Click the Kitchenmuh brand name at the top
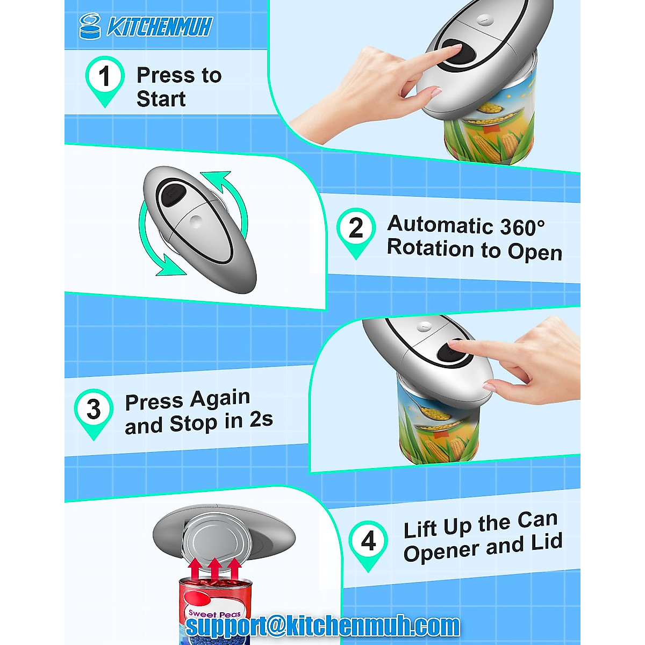(x=160, y=27)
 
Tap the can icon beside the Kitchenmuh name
(x=90, y=26)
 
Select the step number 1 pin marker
(x=105, y=78)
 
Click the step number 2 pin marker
(x=356, y=230)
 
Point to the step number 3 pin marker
(x=94, y=411)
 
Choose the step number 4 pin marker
(x=368, y=542)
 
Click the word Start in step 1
(x=161, y=99)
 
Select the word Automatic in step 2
(x=439, y=224)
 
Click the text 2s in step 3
(x=261, y=420)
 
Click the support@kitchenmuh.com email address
(x=322, y=626)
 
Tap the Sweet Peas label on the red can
(x=214, y=614)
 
